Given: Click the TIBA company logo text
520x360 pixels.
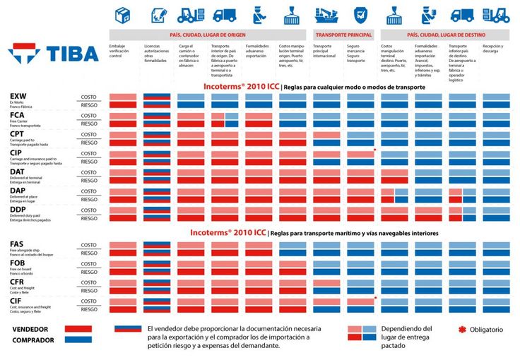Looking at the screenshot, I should [73, 53].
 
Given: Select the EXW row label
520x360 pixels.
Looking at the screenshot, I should [18, 96].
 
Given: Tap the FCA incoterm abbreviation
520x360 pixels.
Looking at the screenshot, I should [18, 115].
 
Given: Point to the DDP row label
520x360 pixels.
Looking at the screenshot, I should [18, 210].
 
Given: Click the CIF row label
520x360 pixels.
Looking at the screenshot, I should [17, 301].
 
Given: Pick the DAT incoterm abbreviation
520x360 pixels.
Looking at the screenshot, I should [18, 172].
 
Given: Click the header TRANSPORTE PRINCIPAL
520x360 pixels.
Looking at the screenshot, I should [344, 34].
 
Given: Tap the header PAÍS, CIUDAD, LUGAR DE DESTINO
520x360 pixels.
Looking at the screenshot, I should [445, 34].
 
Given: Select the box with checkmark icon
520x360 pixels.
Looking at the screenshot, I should [122, 14].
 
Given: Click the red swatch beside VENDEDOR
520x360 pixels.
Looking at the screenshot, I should [78, 329].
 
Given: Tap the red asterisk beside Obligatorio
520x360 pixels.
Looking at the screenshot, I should [463, 330].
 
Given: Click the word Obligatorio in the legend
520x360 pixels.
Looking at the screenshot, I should [487, 330].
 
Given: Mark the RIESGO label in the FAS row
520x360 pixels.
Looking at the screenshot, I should [89, 253].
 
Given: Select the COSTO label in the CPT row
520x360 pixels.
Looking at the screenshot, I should [89, 134].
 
